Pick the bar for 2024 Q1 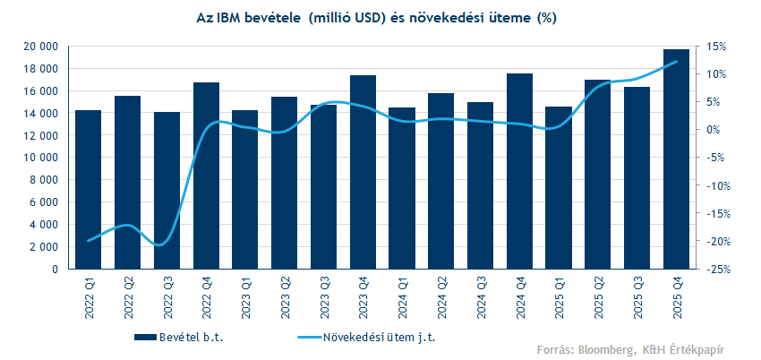click(402, 188)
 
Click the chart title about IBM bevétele click(376, 18)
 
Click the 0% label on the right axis click(713, 130)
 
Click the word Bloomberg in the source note click(605, 347)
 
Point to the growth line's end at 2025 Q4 click(676, 62)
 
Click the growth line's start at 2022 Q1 click(89, 241)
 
